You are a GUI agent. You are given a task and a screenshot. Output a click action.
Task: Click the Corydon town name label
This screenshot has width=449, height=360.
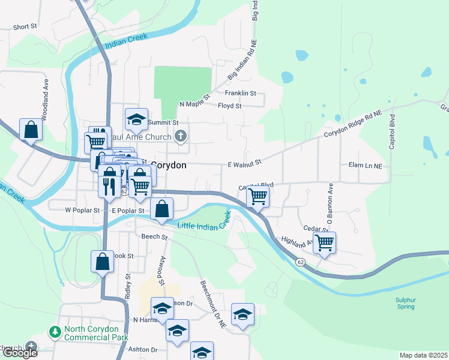[169, 164]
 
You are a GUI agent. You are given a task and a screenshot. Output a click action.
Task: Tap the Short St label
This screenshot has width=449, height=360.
[25, 27]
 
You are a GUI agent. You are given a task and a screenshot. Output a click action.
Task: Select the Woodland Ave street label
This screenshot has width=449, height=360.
[45, 96]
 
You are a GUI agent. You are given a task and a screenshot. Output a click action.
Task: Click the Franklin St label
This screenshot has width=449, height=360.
[240, 94]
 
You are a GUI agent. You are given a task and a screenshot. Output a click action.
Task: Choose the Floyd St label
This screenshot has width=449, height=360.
[229, 106]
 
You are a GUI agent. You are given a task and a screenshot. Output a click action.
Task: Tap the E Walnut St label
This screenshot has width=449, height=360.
[244, 163]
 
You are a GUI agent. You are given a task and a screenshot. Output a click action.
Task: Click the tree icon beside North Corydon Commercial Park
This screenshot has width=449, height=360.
[55, 332]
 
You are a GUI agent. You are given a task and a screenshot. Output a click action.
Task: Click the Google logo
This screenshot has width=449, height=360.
[19, 353]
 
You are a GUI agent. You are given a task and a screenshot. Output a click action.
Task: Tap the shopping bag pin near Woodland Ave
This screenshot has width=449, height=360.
[31, 130]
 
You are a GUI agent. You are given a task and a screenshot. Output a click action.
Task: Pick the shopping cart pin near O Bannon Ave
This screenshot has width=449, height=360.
[324, 242]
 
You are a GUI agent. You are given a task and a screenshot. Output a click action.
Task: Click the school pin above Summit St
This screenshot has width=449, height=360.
[137, 119]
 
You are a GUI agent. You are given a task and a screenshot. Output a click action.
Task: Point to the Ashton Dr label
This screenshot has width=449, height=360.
[145, 350]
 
